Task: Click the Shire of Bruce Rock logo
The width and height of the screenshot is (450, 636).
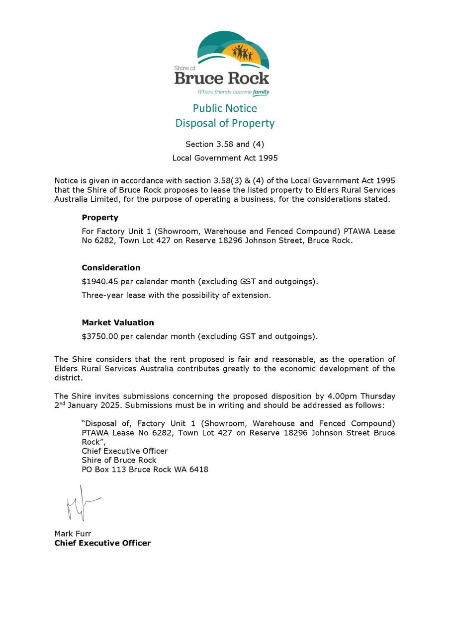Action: pyautogui.click(x=222, y=62)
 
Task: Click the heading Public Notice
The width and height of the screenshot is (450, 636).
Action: pyautogui.click(x=225, y=108)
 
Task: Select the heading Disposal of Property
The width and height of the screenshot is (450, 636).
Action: pyautogui.click(x=225, y=123)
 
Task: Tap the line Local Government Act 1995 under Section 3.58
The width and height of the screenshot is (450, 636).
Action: pyautogui.click(x=225, y=158)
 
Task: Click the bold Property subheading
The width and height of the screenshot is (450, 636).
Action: pyautogui.click(x=100, y=218)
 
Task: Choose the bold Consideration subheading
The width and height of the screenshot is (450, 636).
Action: pyautogui.click(x=111, y=268)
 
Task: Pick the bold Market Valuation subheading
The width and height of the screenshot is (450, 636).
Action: pyautogui.click(x=118, y=322)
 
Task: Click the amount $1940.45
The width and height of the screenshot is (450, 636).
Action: pyautogui.click(x=100, y=282)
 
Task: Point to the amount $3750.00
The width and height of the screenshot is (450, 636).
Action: pyautogui.click(x=100, y=336)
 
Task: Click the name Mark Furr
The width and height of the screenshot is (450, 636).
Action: pyautogui.click(x=73, y=534)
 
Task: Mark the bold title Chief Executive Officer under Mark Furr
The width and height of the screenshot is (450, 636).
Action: pyautogui.click(x=102, y=543)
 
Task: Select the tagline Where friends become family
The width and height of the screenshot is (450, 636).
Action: pyautogui.click(x=233, y=92)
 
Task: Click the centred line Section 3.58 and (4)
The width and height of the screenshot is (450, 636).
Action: pyautogui.click(x=225, y=145)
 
